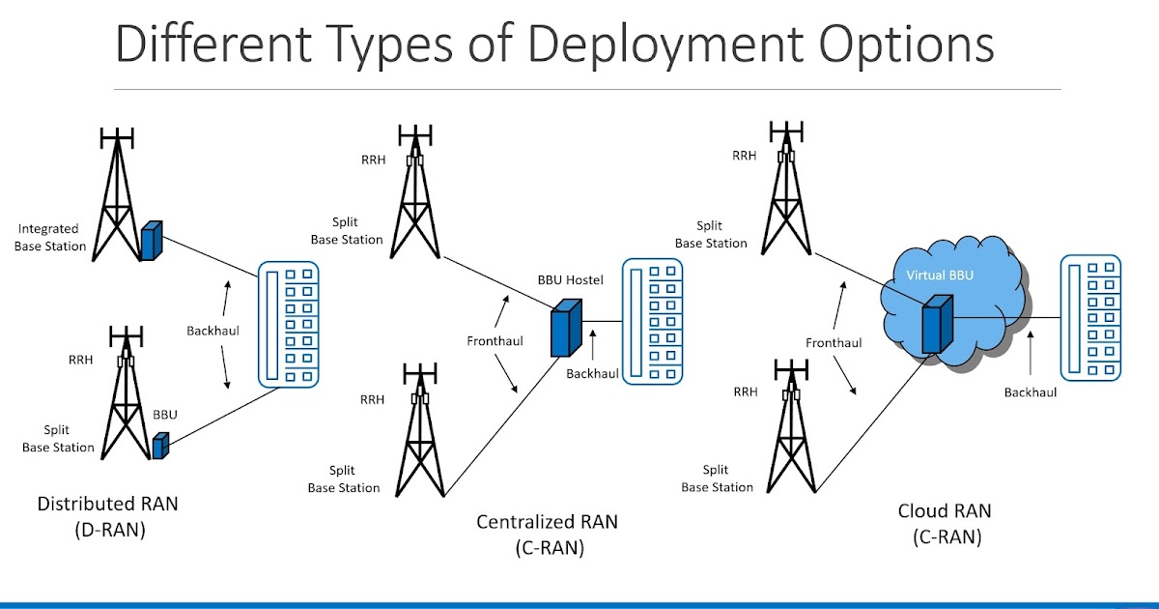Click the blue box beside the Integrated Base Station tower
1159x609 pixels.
tap(150, 241)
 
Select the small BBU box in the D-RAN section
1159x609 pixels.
tap(160, 446)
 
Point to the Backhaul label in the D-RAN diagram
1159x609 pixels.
tap(212, 331)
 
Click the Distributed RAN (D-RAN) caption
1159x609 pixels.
tap(107, 516)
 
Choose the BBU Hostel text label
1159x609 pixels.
tap(570, 280)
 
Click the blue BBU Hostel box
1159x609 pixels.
tap(566, 328)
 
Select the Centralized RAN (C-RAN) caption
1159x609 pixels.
tap(547, 535)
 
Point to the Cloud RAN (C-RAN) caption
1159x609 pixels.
tap(945, 524)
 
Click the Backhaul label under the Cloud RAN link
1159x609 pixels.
tap(1030, 392)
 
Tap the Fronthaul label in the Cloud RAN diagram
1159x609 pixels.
tap(834, 342)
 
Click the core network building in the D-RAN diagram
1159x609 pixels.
tap(288, 325)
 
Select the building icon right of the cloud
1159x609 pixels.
tap(1089, 317)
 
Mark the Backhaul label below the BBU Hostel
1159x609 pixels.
tap(592, 373)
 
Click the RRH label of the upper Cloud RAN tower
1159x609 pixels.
tap(744, 155)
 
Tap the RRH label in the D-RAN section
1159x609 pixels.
tap(80, 359)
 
